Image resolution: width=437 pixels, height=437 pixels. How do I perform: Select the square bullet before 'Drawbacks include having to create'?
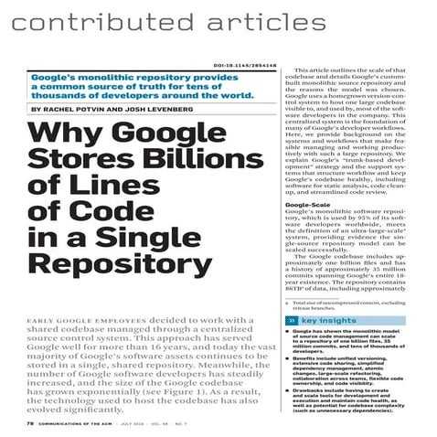[288, 392]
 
